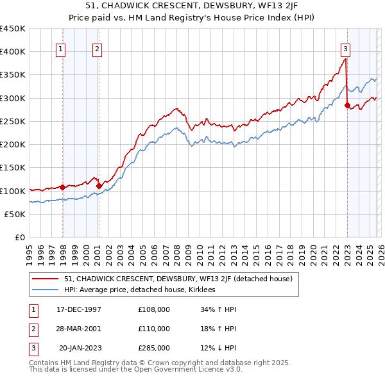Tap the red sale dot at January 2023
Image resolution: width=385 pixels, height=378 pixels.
pos(347,105)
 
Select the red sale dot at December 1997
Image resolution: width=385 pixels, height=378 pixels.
pos(63,187)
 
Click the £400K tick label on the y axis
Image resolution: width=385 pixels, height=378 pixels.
pos(13,51)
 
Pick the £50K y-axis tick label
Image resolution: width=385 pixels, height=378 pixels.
pos(15,214)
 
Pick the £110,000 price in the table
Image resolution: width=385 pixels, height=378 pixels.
pos(154,328)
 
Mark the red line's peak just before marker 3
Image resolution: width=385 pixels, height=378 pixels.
pos(345,59)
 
